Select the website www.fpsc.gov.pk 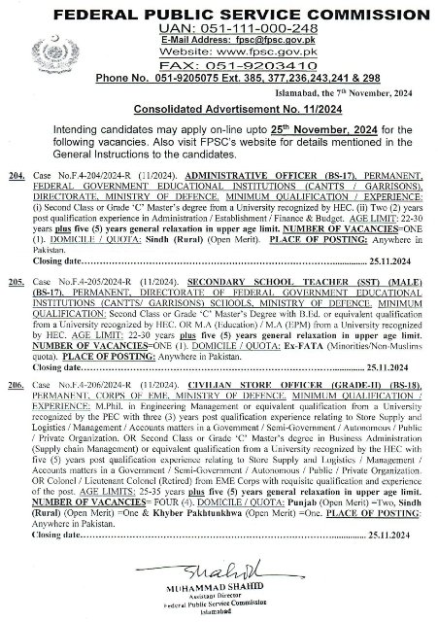tap(253, 57)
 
